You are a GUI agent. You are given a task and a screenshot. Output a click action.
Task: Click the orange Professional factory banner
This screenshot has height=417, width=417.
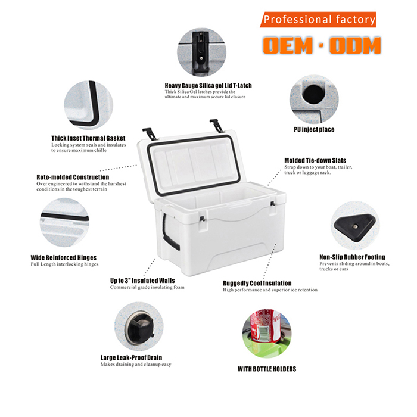click(318, 20)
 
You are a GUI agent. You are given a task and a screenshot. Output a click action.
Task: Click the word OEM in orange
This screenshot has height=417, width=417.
click(288, 45)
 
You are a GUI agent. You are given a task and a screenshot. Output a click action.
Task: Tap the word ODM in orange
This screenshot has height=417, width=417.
click(355, 45)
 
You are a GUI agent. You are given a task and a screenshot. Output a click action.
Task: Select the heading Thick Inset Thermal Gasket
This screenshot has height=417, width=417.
click(88, 138)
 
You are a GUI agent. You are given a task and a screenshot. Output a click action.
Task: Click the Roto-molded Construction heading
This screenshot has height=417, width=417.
click(73, 177)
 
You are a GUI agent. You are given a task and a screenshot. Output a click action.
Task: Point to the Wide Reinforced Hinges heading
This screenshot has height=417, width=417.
click(64, 257)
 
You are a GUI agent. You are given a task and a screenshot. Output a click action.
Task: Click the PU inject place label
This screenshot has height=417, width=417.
click(314, 129)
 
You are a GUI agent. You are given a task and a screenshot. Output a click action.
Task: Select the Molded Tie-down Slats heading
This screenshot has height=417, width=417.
click(315, 160)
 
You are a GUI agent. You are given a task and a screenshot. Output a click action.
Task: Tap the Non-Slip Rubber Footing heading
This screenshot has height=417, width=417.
click(353, 257)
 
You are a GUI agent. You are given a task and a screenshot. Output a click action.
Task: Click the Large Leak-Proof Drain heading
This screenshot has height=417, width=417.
click(132, 357)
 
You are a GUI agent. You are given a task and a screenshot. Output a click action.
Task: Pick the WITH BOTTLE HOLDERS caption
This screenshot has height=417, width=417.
click(267, 369)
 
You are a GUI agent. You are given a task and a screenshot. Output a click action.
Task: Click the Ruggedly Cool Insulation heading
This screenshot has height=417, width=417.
click(257, 283)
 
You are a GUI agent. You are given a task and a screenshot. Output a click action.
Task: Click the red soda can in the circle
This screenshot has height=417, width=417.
click(265, 326)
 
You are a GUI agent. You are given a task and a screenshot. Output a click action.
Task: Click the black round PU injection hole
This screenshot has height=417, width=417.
click(313, 94)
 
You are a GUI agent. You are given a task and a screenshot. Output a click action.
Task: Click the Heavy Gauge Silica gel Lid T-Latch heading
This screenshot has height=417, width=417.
click(208, 86)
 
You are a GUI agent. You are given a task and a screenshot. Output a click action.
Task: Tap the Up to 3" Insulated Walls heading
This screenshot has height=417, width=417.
click(142, 281)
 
